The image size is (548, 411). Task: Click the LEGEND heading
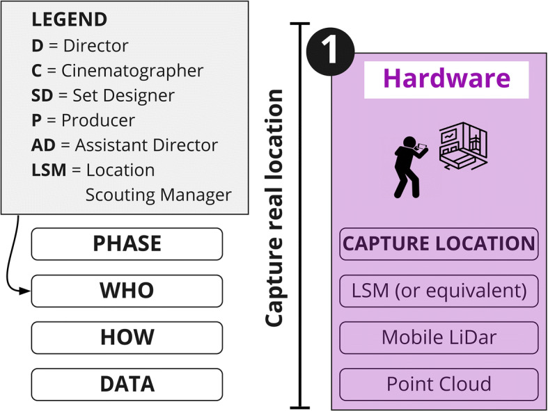click(70, 19)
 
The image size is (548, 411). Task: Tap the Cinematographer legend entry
click(117, 70)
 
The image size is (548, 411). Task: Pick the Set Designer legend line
click(102, 95)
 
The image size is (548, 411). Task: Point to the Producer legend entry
click(83, 120)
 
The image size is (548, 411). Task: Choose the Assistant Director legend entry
click(124, 145)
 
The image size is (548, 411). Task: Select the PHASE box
click(127, 243)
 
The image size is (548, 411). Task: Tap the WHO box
click(127, 291)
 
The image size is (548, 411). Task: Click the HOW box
click(127, 337)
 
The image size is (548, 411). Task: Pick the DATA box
click(127, 384)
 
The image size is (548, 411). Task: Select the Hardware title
click(446, 79)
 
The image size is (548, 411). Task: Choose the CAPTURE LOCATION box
click(439, 243)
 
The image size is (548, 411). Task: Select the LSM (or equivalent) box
click(439, 291)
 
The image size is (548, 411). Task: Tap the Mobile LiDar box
click(439, 337)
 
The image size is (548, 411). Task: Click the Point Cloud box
click(439, 384)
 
